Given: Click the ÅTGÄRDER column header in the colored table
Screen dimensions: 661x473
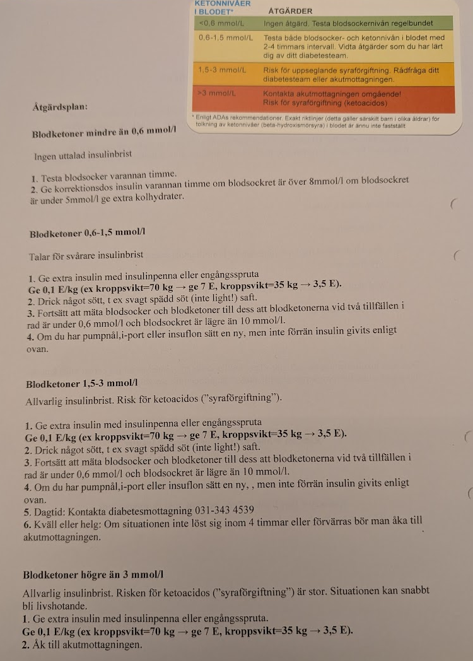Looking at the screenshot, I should [291, 11].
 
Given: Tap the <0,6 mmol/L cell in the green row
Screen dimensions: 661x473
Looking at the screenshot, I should [221, 23].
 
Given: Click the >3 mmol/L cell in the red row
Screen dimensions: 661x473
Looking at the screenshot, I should [217, 93].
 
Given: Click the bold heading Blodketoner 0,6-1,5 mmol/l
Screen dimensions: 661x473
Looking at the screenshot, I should [88, 234].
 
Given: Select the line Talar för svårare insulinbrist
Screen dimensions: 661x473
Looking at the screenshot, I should [86, 256].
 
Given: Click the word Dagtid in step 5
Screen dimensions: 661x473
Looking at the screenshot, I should [49, 510].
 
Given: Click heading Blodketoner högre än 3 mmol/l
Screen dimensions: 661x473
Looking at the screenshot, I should [93, 575].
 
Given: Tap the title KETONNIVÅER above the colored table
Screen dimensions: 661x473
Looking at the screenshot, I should [214, 3].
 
